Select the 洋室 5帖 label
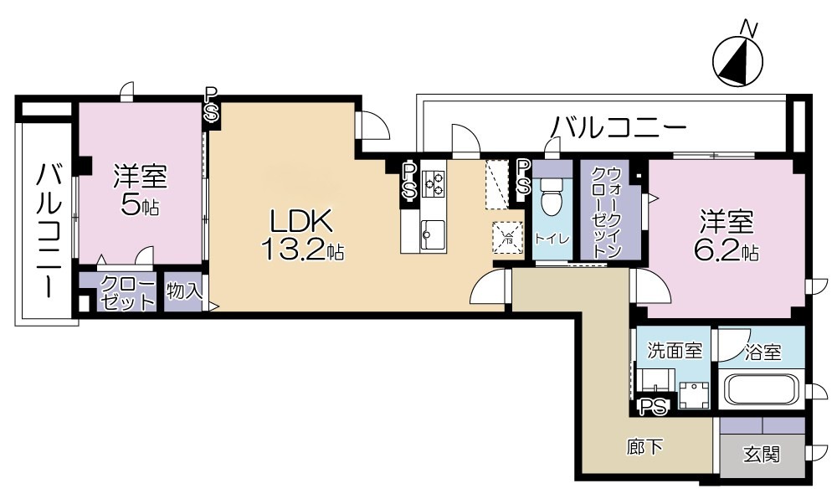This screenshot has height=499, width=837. coord(140,190)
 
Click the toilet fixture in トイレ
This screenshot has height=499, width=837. coord(551,202)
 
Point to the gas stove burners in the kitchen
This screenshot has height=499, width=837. coord(434,182)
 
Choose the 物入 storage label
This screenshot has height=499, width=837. coord(183,292)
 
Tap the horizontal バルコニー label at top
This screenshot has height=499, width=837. coord(618,127)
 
